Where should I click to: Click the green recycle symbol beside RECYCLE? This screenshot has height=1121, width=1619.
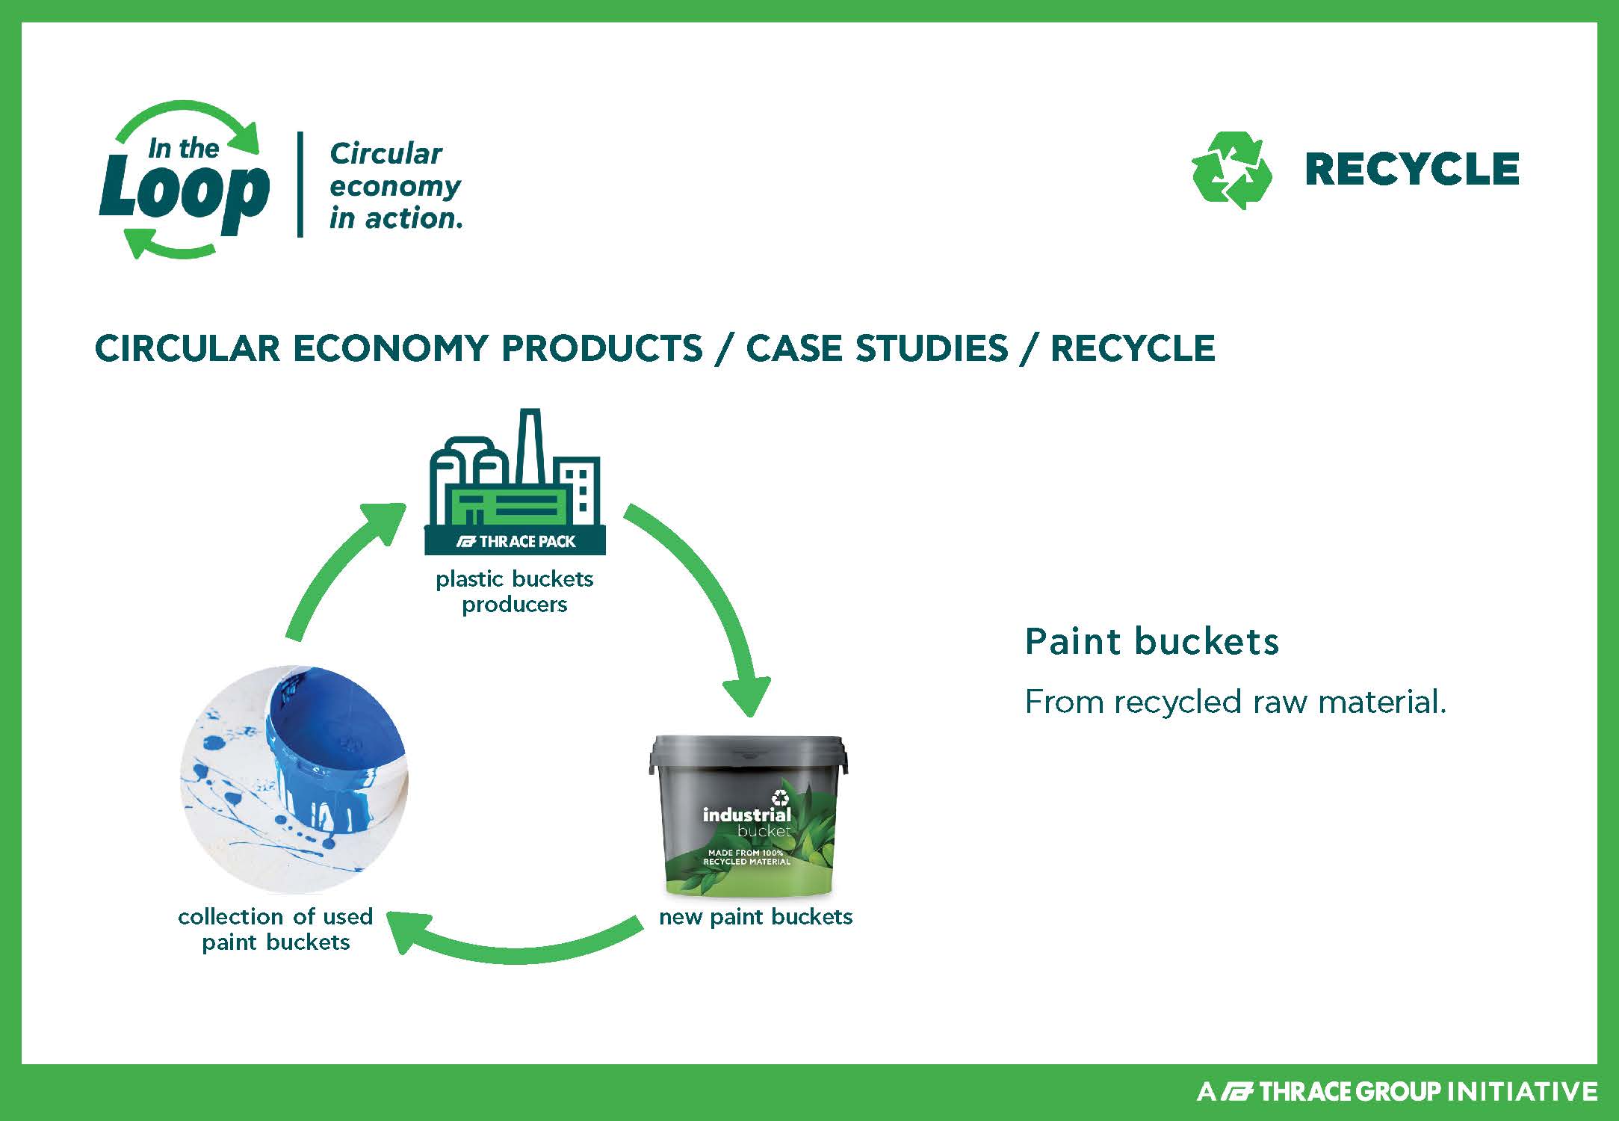pos(1231,170)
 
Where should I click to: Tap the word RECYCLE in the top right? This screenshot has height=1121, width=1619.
pos(1412,169)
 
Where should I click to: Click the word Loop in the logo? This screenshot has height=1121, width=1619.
pos(184,193)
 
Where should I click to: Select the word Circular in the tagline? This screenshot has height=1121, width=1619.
pos(386,154)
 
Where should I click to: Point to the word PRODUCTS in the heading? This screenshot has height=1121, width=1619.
pos(601,348)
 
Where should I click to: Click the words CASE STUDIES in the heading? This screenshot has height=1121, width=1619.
pos(877,348)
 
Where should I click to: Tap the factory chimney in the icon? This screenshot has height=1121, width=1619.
pos(530,445)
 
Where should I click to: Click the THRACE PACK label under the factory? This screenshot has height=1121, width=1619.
pos(516,541)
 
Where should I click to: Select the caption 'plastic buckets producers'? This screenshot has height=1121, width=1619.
pos(515,591)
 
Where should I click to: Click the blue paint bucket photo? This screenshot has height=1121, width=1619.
pos(294,779)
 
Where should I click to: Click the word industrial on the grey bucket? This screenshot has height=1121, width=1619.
pos(746,815)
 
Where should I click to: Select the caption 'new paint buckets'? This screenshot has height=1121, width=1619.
pos(755,917)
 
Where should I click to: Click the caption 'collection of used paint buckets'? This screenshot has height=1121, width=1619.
pos(276,929)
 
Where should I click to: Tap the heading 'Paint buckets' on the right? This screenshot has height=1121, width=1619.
pos(1151,641)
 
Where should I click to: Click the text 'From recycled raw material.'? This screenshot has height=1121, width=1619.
pos(1236,702)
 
